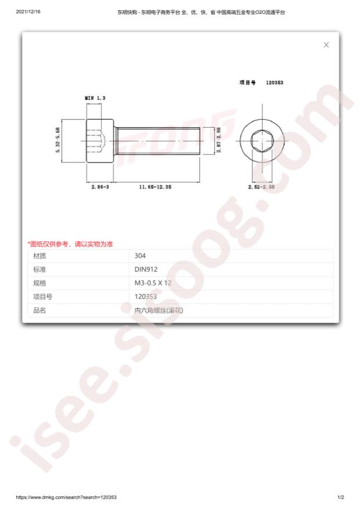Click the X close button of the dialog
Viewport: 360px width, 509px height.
tap(326, 45)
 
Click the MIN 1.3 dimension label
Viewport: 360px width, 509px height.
tap(95, 98)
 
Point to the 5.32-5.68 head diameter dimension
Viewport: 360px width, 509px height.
tap(58, 140)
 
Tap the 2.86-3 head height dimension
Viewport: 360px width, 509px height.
tap(100, 187)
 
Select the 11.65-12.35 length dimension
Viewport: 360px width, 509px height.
tap(155, 187)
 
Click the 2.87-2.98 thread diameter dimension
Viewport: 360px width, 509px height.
tap(219, 140)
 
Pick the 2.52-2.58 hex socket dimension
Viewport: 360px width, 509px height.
tap(261, 187)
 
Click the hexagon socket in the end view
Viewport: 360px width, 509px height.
tap(262, 140)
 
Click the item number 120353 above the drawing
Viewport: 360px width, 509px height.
tap(275, 82)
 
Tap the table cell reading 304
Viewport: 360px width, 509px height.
tap(140, 256)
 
